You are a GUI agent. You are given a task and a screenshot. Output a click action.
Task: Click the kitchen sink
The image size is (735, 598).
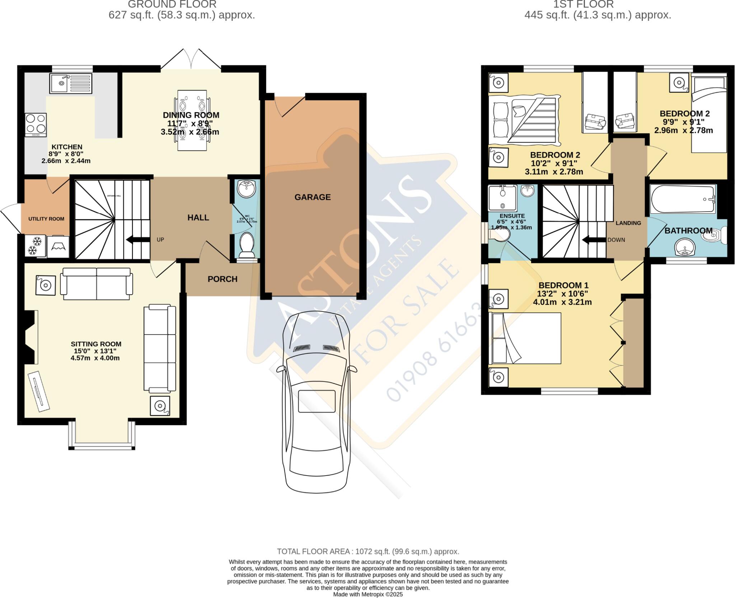tap(71, 83)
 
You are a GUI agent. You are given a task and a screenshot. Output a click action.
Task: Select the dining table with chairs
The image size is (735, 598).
tap(192, 120)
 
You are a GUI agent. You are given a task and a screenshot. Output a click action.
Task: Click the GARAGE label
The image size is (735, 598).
tap(312, 197)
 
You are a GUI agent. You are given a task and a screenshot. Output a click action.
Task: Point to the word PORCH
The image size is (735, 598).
tap(223, 279)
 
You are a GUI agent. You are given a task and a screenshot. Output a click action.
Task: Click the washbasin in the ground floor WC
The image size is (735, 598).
tap(247, 189)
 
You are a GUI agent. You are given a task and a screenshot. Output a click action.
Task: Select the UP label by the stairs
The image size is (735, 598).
tap(160, 240)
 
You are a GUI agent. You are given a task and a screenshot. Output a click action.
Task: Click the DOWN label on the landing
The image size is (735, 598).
tap(616, 240)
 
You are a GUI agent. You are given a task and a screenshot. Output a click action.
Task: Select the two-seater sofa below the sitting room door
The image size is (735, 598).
tap(96, 284)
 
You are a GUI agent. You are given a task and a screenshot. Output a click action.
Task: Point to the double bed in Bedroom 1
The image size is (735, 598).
tap(525, 338)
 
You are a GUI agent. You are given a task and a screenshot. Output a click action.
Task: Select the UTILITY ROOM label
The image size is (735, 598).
tap(46, 219)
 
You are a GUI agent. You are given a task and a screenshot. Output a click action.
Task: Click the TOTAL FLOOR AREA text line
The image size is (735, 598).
tap(368, 551)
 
